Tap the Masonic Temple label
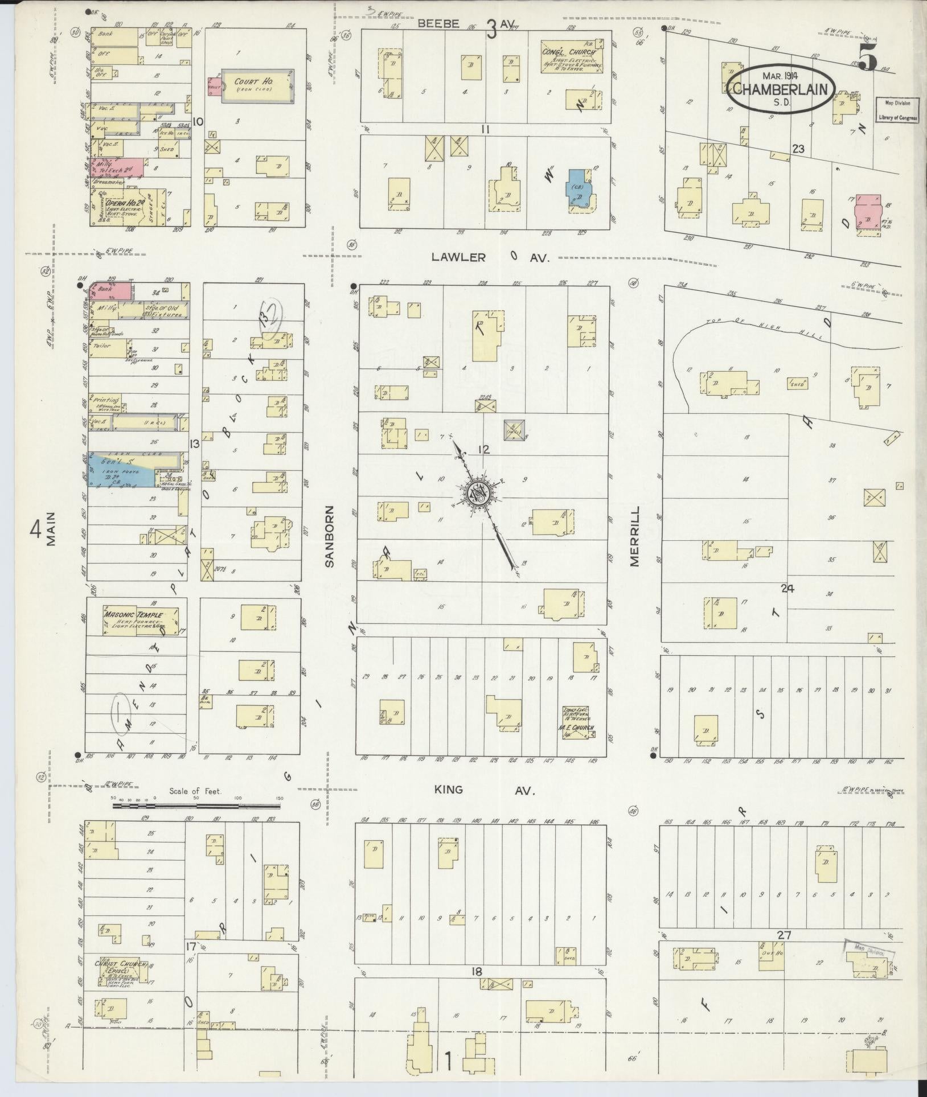click(x=133, y=615)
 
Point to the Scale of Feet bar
click(x=196, y=806)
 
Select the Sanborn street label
click(x=330, y=535)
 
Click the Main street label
click(x=51, y=529)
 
